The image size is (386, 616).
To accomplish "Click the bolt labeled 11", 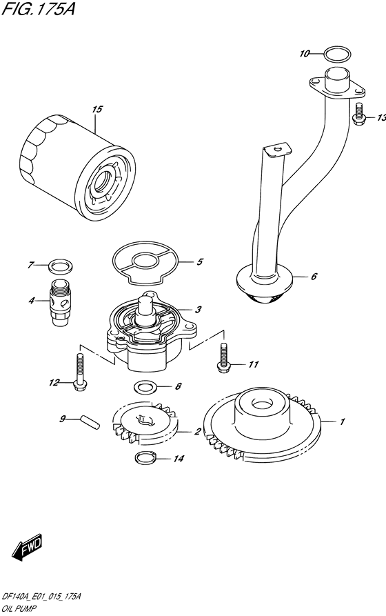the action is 223,357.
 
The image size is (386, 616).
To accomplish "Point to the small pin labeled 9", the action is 90,422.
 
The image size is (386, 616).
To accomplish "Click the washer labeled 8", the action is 145,387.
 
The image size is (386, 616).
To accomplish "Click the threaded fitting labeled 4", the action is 61,302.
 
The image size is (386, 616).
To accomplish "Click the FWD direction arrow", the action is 27,548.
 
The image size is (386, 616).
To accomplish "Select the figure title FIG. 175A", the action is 38,8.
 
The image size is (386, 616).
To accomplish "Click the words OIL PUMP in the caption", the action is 19,608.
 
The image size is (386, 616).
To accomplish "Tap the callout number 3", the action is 199,310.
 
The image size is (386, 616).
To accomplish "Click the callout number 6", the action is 314,277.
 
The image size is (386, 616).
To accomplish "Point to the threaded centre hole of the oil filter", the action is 106,181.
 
